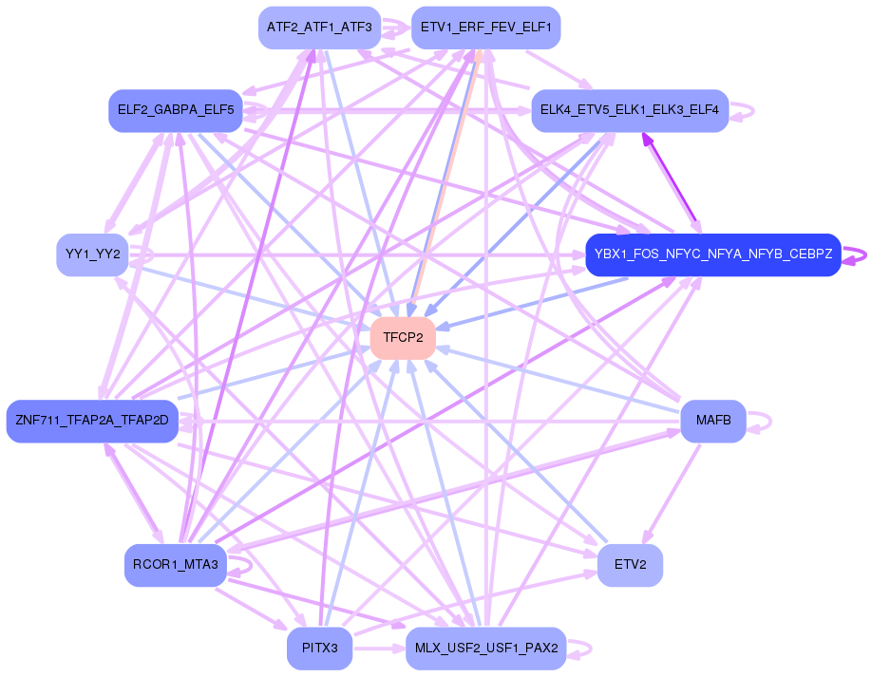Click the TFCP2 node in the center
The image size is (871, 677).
pyautogui.click(x=402, y=338)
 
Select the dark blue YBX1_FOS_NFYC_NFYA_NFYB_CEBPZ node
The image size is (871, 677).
pyautogui.click(x=712, y=254)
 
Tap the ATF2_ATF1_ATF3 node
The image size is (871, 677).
pyautogui.click(x=319, y=28)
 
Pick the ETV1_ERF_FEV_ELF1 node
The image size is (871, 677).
pyautogui.click(x=485, y=28)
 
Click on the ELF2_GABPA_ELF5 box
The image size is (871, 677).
pyautogui.click(x=176, y=111)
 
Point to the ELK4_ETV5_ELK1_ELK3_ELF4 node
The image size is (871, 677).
pyautogui.click(x=629, y=111)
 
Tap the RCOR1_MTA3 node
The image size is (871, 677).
pyautogui.click(x=176, y=566)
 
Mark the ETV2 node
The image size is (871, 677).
pyautogui.click(x=630, y=566)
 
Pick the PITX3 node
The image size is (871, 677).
pyautogui.click(x=319, y=649)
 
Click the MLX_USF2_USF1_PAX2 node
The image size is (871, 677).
pyautogui.click(x=485, y=649)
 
